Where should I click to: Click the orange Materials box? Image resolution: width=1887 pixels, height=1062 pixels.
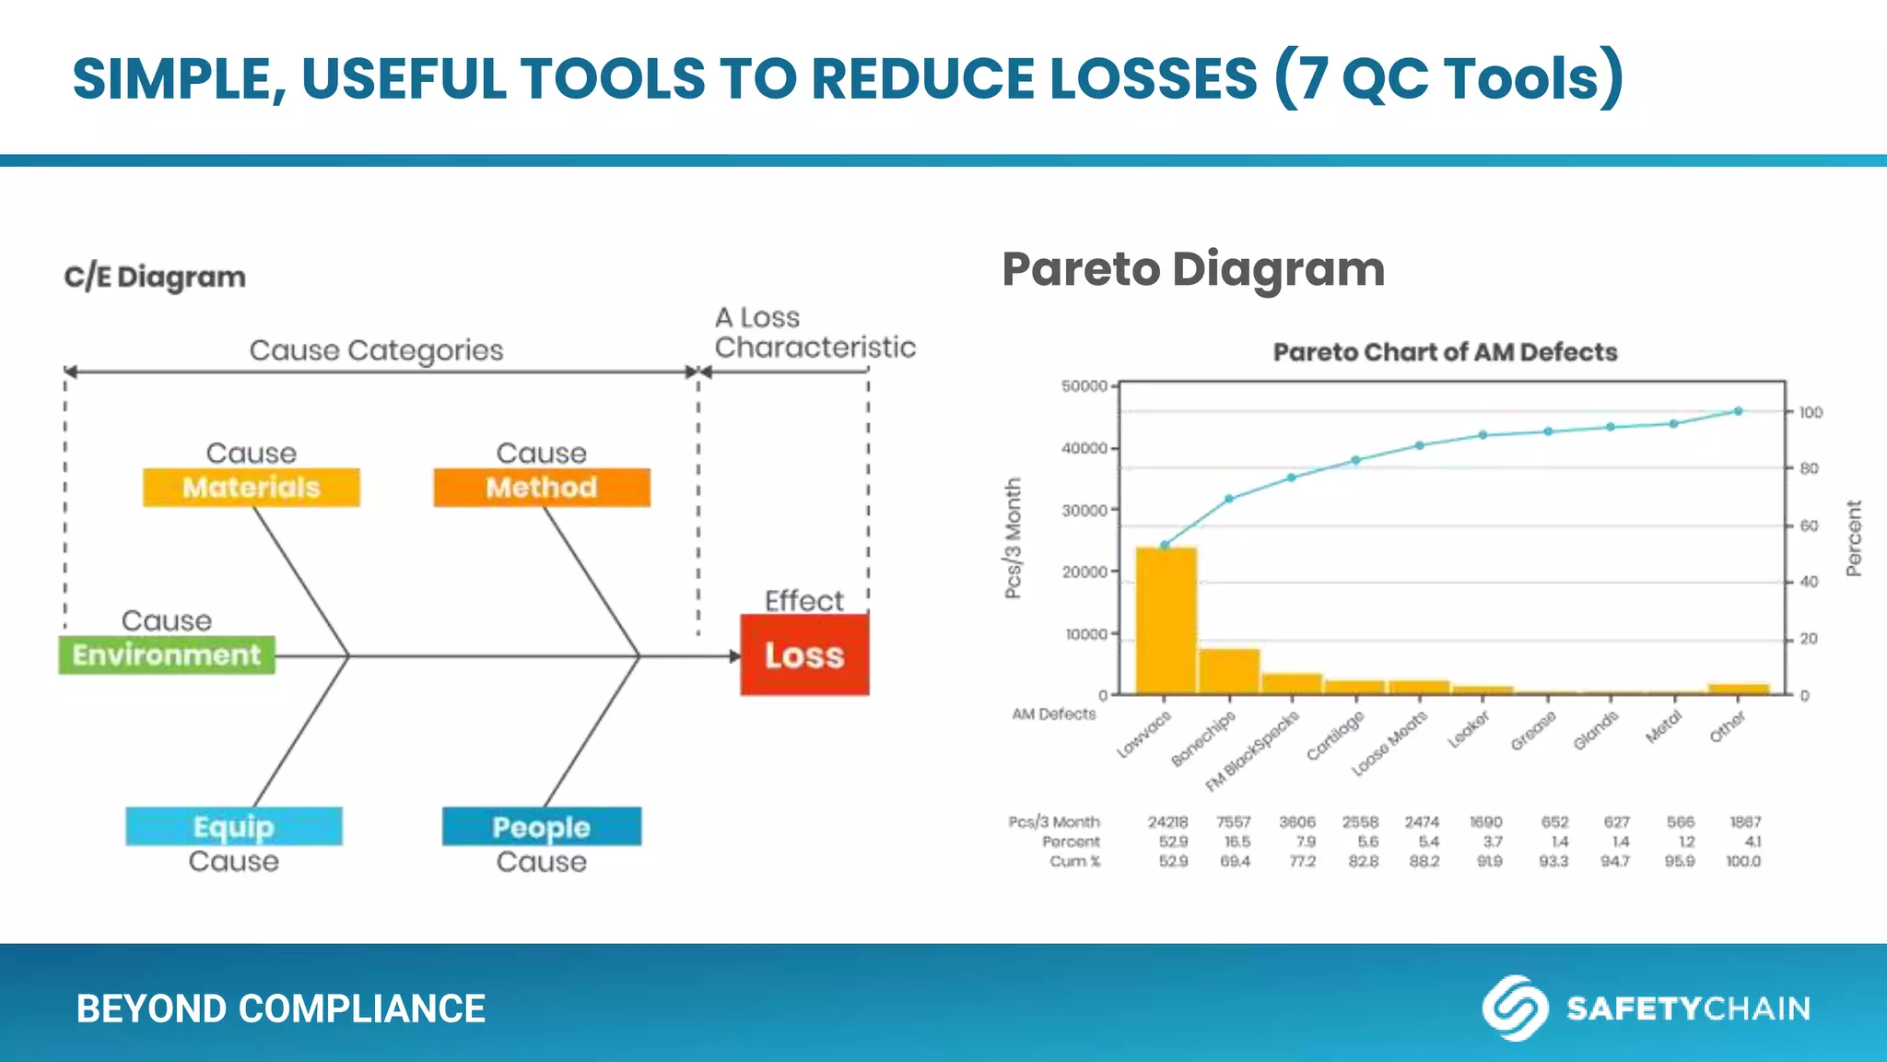coord(251,487)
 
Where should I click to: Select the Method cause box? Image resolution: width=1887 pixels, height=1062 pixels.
coord(542,487)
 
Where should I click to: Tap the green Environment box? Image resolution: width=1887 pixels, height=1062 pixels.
coord(167,655)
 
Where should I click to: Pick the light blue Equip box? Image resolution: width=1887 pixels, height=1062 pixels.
coord(234,826)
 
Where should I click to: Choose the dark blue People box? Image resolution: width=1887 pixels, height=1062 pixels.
coord(541,826)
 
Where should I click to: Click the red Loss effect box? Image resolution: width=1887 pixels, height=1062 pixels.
coord(804,655)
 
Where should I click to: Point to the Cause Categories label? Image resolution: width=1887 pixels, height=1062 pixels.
coord(376,350)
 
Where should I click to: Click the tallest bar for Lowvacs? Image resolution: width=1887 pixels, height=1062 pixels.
coord(1166,622)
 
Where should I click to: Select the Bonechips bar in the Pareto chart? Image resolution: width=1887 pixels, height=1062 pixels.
coord(1229,671)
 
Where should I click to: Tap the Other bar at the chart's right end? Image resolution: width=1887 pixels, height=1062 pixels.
coord(1738,689)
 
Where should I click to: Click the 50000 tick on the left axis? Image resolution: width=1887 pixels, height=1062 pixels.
coord(1084,386)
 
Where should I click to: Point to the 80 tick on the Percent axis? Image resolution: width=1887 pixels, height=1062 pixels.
coord(1810,468)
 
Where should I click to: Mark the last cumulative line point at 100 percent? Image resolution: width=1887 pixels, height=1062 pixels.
coord(1738,411)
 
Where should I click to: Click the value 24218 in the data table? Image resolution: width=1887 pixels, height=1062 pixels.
coord(1167,821)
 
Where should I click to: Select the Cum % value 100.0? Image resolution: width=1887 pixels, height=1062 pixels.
coord(1742,861)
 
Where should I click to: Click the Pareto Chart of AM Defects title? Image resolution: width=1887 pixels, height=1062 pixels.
coord(1445,352)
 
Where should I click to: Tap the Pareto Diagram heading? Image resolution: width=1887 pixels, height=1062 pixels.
coord(1193,269)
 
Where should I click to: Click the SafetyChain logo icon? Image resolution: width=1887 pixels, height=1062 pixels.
coord(1514,1008)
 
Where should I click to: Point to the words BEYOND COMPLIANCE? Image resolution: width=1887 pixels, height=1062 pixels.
coord(280,1009)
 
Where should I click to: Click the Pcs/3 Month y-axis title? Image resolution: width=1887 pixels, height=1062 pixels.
coord(1014,538)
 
